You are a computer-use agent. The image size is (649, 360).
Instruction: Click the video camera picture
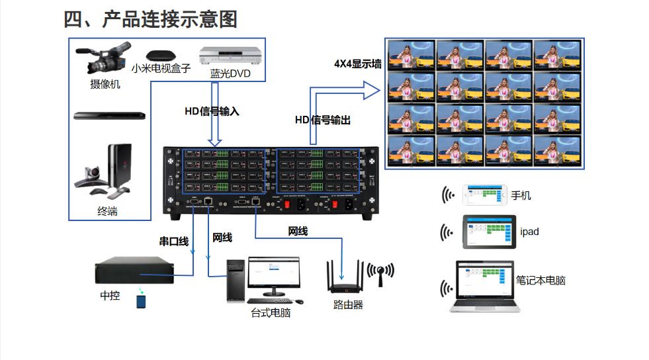click(x=105, y=59)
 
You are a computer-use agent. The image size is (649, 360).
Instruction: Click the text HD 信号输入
click(x=212, y=111)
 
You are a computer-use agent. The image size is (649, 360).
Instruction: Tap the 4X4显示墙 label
click(x=358, y=64)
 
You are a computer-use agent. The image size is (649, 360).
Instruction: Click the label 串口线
click(x=174, y=242)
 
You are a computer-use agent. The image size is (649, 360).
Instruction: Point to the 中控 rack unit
click(x=134, y=271)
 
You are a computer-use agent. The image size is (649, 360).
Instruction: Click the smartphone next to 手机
click(x=484, y=195)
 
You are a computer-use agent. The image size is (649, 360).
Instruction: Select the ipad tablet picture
click(x=490, y=232)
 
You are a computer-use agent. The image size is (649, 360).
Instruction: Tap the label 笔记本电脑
click(x=541, y=281)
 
